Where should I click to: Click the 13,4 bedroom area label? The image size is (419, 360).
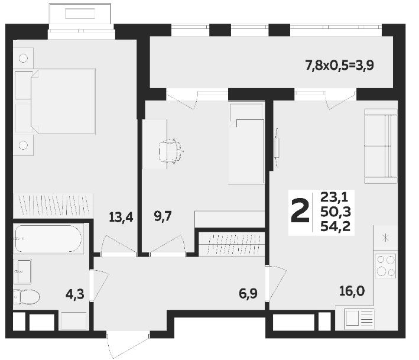point(121,218)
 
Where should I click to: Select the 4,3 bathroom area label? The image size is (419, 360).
point(75,294)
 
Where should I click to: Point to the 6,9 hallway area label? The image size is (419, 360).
point(248,293)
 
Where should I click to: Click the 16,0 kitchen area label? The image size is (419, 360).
point(352,291)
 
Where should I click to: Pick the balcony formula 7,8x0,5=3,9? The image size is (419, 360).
point(339,65)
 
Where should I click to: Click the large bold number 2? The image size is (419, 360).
point(300,211)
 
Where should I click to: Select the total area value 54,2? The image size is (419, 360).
point(335,226)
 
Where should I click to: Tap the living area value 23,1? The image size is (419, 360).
point(334,197)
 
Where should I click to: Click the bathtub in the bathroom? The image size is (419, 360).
point(48,239)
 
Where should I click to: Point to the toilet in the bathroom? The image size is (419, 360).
point(26,296)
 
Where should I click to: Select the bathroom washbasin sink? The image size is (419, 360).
point(22,271)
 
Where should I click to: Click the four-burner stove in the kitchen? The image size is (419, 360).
point(385,265)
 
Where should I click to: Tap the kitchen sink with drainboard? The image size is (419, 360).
point(359,318)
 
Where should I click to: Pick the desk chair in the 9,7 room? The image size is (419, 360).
point(170,151)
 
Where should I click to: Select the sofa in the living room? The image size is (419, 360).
point(381,146)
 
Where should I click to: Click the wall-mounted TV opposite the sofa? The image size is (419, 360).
point(277,148)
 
